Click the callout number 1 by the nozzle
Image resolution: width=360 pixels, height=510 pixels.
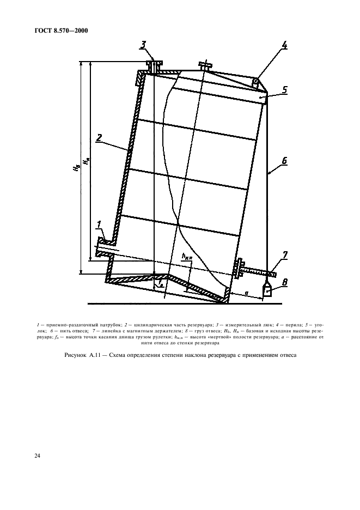pos(99,224)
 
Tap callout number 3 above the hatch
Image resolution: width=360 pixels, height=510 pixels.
pos(143,45)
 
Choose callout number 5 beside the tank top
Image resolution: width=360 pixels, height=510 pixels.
pos(284,89)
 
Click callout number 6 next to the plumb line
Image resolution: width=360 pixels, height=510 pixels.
pos(284,161)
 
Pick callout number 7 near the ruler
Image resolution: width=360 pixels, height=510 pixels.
pos(284,255)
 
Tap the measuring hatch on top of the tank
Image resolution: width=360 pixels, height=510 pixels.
pos(154,66)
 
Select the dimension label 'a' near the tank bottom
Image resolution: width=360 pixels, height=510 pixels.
pos(247,293)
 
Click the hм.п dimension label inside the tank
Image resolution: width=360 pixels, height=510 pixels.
pos(187,256)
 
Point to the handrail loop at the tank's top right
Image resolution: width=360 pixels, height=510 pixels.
pos(255,82)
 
